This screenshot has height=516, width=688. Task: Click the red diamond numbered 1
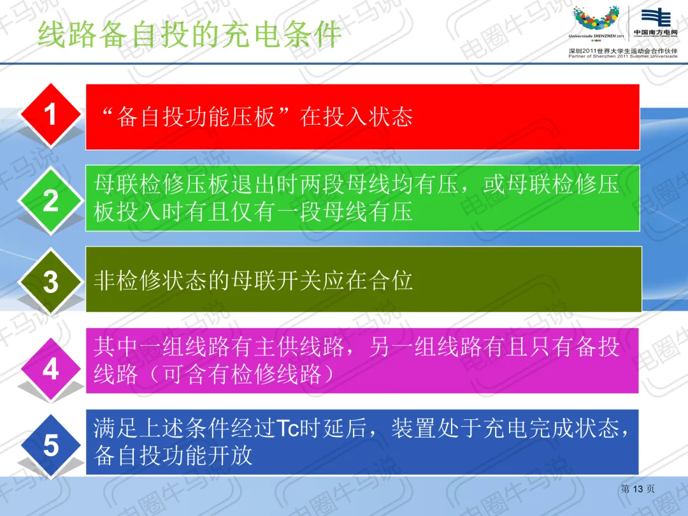click(51, 115)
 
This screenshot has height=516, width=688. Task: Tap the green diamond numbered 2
click(51, 201)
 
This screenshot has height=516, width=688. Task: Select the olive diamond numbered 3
click(51, 282)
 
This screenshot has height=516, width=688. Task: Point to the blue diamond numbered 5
click(51, 445)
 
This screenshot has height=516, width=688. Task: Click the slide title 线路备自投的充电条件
click(190, 34)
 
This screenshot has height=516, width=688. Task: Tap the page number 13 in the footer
click(638, 489)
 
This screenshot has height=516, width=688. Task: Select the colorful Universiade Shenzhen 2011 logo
click(596, 22)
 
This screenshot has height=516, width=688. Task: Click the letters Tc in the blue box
click(288, 428)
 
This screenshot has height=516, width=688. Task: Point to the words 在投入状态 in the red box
click(356, 117)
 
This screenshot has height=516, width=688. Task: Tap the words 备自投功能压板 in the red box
click(196, 117)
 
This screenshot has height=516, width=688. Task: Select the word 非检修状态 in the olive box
click(150, 281)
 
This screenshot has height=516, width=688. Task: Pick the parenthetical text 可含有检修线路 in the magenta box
click(243, 375)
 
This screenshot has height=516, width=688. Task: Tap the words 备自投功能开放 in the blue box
click(173, 455)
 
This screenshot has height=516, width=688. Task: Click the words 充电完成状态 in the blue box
click(550, 428)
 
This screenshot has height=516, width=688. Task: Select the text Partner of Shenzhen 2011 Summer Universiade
click(622, 56)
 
